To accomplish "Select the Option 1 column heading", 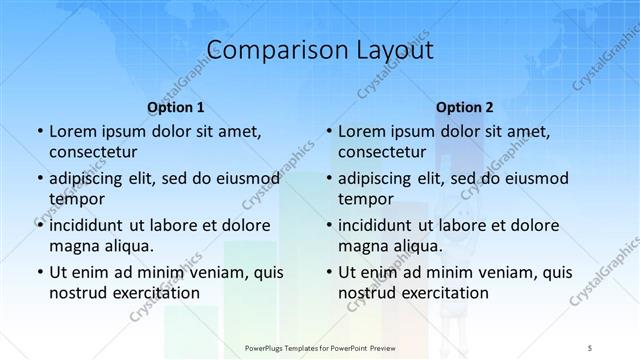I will click(176, 107).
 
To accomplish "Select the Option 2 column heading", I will click(465, 107).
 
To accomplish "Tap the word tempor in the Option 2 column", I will click(366, 198).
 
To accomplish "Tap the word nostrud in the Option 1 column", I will click(77, 293).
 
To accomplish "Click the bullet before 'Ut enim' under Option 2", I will click(329, 272).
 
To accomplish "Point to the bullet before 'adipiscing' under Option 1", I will click(39, 179).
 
